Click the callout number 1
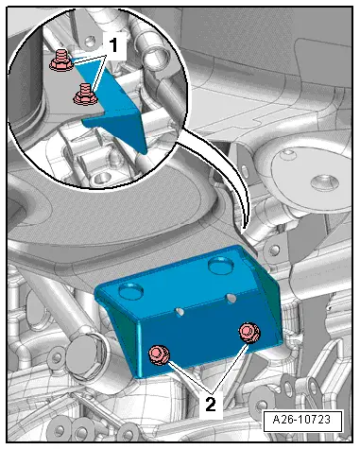point(113,44)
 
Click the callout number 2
point(211,404)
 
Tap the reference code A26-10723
point(302,420)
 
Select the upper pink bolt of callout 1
point(61,60)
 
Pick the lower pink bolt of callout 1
point(85,94)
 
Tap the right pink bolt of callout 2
point(249,333)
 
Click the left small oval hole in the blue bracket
point(180,311)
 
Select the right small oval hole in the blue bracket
point(231,298)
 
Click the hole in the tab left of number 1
point(90,42)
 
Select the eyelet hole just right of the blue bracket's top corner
point(274,250)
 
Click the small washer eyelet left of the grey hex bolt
point(57,357)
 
